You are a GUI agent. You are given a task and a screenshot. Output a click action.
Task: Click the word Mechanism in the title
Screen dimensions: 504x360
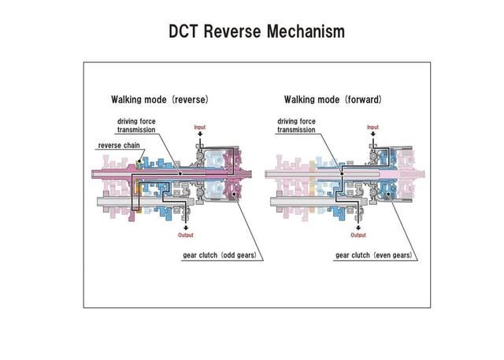[306, 32]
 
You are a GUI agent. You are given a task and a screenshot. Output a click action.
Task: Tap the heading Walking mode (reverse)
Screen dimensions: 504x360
[160, 99]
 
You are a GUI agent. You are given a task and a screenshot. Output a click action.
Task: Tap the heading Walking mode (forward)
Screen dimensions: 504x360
[333, 99]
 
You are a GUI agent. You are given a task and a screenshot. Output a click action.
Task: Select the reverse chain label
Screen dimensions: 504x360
[119, 145]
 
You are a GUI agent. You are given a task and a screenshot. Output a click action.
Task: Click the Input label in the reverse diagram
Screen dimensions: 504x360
[199, 127]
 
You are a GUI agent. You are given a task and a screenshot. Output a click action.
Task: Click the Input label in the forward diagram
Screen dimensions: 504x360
[372, 127]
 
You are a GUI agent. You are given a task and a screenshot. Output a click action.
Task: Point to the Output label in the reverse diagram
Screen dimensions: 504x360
[186, 235]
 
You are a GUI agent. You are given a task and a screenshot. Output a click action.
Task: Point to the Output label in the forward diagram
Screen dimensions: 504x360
[358, 235]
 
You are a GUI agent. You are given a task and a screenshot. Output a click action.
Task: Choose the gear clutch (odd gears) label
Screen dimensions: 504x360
[220, 255]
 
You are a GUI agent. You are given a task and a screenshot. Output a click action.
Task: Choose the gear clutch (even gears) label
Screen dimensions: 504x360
[373, 255]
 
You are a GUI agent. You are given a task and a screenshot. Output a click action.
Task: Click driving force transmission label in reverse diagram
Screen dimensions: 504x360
[136, 125]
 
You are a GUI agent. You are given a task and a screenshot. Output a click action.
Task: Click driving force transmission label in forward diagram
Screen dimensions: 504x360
[296, 125]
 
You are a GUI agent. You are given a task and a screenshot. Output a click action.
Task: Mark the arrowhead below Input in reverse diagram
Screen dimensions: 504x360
[199, 135]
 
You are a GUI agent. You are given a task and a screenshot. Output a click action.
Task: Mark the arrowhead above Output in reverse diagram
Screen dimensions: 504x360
[186, 228]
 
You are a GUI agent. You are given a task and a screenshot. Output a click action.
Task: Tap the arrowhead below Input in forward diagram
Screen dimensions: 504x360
[372, 135]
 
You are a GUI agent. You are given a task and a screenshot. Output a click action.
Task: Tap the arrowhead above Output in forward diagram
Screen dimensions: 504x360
[358, 228]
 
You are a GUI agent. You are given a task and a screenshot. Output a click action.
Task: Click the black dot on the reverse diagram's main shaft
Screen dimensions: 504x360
[180, 173]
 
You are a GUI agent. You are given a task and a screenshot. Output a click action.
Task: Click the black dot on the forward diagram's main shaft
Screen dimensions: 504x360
[342, 173]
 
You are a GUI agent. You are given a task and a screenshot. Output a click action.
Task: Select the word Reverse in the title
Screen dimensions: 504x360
[232, 32]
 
